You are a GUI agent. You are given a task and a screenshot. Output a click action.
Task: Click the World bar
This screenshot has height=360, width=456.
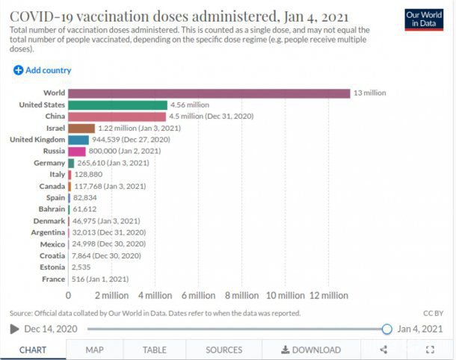[209, 93]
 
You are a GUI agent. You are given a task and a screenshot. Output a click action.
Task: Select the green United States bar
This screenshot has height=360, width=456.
[117, 105]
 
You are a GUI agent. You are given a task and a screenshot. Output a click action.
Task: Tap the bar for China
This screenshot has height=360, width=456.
[117, 117]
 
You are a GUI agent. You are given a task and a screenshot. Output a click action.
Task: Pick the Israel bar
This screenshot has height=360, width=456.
[81, 128]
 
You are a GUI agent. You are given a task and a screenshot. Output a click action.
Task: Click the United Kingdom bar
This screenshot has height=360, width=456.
[78, 140]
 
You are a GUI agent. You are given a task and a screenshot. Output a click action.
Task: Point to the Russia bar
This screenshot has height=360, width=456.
[77, 151]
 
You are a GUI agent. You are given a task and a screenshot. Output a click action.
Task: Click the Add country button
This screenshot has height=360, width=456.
[42, 70]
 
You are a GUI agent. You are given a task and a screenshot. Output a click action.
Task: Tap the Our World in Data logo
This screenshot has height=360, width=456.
[424, 19]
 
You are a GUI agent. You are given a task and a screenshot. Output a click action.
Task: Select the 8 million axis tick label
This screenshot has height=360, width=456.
[242, 296]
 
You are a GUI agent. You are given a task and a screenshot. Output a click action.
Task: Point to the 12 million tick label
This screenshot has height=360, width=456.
[329, 296]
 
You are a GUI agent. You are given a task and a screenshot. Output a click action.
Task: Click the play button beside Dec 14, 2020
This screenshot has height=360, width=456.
[14, 329]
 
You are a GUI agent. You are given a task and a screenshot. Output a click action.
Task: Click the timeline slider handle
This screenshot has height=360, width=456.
[386, 329]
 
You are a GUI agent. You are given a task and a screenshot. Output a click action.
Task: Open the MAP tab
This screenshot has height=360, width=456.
[94, 350]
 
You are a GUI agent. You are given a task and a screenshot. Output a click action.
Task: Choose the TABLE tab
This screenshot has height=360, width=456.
[155, 350]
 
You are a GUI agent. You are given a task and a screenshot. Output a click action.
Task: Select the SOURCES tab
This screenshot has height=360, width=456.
[224, 350]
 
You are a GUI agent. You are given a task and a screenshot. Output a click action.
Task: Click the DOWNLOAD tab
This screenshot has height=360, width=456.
[311, 350]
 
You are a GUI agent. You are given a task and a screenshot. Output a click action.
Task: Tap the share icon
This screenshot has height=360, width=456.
[383, 350]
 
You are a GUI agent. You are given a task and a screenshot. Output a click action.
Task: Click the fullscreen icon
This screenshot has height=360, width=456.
[430, 350]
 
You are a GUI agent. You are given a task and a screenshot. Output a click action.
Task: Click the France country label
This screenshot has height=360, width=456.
[53, 279]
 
